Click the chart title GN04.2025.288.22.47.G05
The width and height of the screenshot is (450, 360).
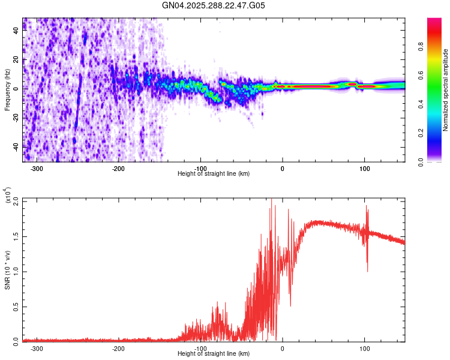(x=214, y=5)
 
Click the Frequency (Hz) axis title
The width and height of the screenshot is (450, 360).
(x=7, y=89)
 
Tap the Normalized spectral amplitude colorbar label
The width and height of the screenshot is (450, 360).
(x=445, y=90)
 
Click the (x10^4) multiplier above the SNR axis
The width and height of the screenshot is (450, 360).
(x=7, y=195)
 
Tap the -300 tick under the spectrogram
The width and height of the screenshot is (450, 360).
(x=36, y=169)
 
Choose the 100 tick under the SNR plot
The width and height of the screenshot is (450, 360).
(x=364, y=347)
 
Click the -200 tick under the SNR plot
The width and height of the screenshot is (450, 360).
(x=118, y=347)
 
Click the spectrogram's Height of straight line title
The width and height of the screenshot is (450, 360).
(x=214, y=174)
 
